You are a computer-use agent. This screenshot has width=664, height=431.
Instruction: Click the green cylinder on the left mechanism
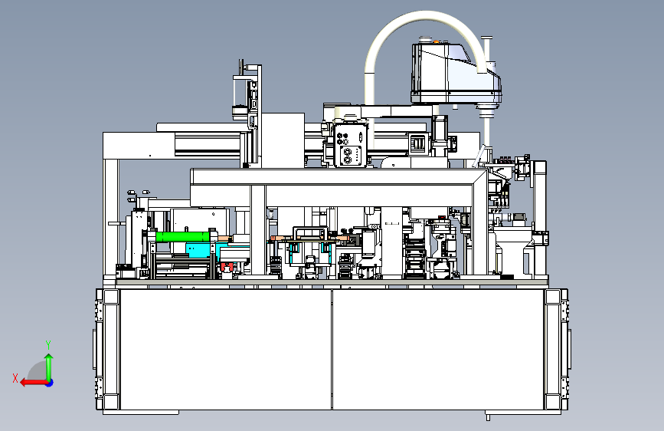point(183,237)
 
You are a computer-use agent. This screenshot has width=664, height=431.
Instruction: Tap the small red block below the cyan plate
point(227,267)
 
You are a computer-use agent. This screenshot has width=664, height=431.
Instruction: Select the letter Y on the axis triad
point(48,344)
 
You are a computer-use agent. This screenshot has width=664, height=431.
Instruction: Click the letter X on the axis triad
point(15,378)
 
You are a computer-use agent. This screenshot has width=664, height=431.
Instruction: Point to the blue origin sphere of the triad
point(50,383)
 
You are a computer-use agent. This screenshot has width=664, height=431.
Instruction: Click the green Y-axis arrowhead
point(49,357)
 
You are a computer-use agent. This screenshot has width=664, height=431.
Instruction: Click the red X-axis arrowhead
point(24,383)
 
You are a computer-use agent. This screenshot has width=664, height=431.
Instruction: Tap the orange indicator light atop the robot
point(436,41)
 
